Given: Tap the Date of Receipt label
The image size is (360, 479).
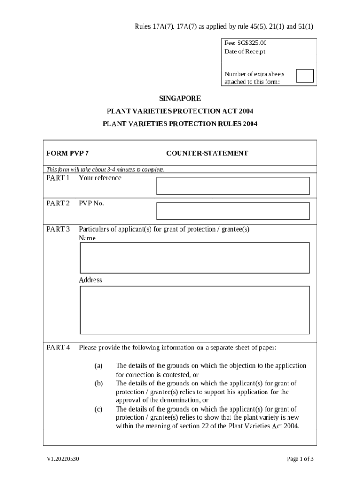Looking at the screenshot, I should (245, 51).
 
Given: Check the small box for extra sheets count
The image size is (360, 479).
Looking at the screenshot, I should (305, 76).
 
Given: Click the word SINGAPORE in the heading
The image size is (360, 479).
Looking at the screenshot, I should (180, 99).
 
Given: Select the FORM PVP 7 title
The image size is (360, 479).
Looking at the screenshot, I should (67, 153).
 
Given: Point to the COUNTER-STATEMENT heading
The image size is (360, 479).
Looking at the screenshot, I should (207, 153).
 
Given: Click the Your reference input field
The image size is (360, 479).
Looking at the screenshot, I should (232, 186).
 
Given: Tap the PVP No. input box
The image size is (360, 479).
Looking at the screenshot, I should (232, 211).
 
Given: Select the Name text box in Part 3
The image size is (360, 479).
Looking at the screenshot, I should (194, 258).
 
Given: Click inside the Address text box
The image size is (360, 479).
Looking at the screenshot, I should (194, 310).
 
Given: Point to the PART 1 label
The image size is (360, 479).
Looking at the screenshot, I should (58, 178).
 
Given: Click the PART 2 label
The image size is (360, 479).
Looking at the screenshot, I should (58, 203).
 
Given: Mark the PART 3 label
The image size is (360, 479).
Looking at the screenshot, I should (58, 229).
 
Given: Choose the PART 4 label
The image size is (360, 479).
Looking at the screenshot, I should (58, 348).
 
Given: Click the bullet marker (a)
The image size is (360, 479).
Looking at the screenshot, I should (98, 366).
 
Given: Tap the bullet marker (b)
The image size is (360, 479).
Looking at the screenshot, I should (98, 383).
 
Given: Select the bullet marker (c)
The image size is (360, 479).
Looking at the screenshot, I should (98, 409).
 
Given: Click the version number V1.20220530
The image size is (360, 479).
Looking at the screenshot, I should (62, 459).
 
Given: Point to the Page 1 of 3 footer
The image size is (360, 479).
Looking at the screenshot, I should (300, 459).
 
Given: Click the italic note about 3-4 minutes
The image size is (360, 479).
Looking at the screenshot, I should (105, 169).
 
